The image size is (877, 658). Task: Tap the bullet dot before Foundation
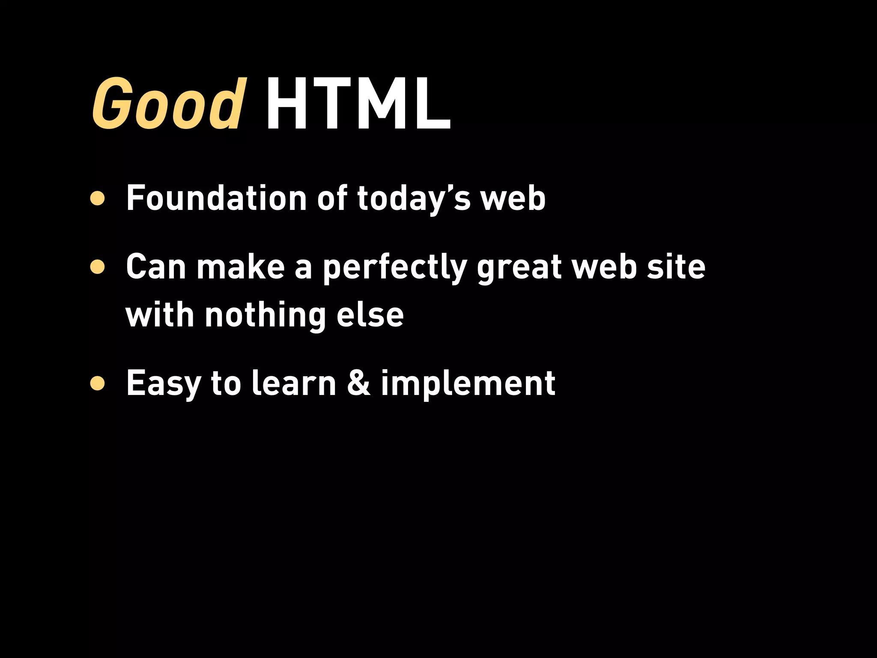[x=98, y=198]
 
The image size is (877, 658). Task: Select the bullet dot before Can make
[x=98, y=267]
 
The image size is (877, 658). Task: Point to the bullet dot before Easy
[x=98, y=384]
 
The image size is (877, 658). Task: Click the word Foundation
[x=216, y=198]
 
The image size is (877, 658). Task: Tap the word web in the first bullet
[x=513, y=198]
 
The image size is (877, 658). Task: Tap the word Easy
[x=163, y=384]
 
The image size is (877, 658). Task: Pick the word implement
[x=468, y=384]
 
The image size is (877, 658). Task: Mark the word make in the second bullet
[x=241, y=267]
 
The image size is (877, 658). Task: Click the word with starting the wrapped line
[x=160, y=315]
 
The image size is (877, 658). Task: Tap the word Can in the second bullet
[x=156, y=267]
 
